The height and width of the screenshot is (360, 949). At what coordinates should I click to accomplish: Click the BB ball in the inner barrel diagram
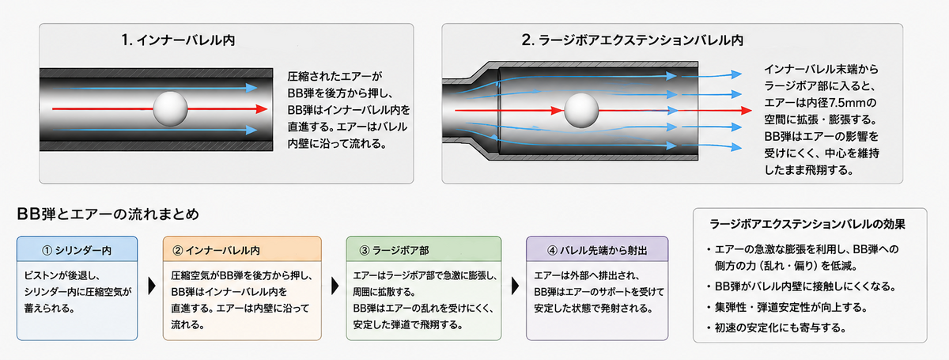point(170,109)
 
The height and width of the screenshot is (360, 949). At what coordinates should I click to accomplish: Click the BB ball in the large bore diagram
point(581,111)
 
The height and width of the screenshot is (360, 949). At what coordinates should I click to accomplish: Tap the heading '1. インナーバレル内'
point(178,40)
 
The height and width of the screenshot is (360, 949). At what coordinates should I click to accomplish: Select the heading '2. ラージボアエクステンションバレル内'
point(632,40)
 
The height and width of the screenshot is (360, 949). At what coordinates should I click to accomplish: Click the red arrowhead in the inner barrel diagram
point(262,109)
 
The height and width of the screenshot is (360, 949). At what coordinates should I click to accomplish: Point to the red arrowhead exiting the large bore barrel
point(746,111)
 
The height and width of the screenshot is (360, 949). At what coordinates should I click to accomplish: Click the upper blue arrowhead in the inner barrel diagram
point(251,88)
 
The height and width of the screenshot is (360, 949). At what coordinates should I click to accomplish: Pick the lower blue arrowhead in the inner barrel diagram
point(251,130)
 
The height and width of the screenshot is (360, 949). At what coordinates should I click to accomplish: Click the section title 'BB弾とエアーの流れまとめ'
point(108,214)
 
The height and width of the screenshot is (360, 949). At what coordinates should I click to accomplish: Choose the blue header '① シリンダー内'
point(78,250)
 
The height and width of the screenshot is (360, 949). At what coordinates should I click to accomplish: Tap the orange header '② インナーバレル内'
point(216,250)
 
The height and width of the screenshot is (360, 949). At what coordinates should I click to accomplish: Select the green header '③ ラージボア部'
point(394,250)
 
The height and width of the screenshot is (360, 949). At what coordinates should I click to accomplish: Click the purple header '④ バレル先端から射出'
point(597,250)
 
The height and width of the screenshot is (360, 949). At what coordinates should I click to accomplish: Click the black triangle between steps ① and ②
point(152,286)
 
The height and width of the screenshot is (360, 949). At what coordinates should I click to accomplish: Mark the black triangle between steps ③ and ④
point(515,286)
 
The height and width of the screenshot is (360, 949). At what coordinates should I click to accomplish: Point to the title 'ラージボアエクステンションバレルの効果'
point(807,224)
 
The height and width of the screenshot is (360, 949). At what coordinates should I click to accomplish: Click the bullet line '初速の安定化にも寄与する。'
point(780,328)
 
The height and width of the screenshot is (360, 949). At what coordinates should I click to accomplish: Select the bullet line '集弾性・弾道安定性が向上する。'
point(791,307)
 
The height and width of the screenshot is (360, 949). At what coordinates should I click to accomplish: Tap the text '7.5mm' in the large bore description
point(845,103)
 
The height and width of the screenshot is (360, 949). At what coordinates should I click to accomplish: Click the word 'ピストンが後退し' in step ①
point(62,275)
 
